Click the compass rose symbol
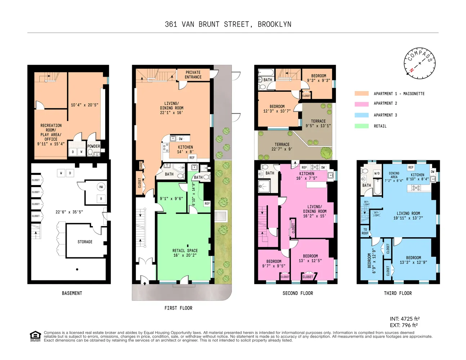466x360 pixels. [x=420, y=63]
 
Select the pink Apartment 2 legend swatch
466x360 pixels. [x=362, y=104]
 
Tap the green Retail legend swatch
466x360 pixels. [x=362, y=126]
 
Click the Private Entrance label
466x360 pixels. [x=193, y=75]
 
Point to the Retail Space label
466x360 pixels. [x=185, y=253]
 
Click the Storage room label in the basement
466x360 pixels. [x=85, y=242]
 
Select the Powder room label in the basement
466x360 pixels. [x=94, y=146]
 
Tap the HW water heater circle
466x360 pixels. [x=101, y=187]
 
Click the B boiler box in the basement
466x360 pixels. [x=101, y=199]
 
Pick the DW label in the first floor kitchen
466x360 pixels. [x=181, y=139]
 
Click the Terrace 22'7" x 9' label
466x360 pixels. [x=282, y=147]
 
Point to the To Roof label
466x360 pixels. [x=365, y=231]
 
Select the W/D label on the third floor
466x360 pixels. [x=377, y=173]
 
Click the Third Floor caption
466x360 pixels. [x=398, y=293]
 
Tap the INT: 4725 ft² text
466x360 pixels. [x=404, y=319]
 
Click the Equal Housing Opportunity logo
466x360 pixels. [x=35, y=336]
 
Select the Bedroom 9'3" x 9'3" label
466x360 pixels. [x=318, y=78]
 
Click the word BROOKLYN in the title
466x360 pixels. [x=274, y=24]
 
